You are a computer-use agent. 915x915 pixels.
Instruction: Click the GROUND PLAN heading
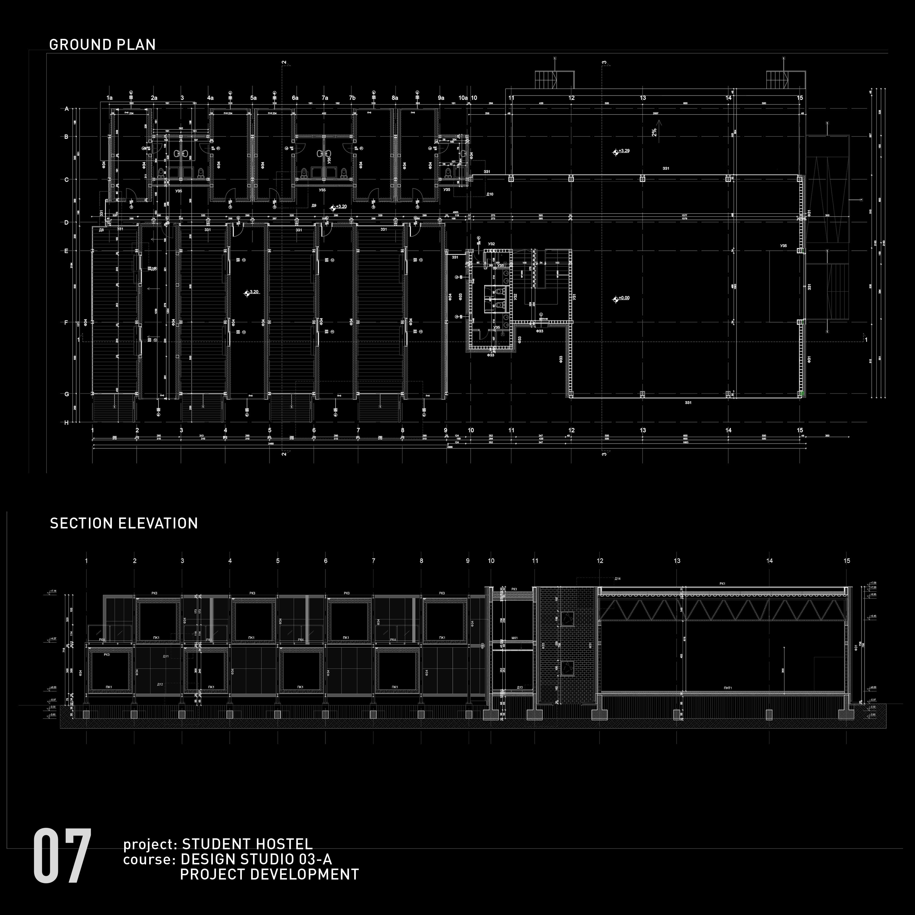[x=102, y=45]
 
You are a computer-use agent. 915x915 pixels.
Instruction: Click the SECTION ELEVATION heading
[x=124, y=523]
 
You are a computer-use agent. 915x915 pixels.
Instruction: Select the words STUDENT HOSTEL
[x=247, y=844]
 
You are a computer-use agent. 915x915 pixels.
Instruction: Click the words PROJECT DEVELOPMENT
[x=269, y=874]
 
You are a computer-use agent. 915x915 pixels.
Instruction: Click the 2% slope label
[x=654, y=133]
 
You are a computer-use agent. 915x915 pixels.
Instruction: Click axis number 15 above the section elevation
[x=847, y=561]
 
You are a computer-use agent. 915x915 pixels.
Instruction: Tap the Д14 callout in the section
[x=617, y=579]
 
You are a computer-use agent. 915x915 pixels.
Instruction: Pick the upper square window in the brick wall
[x=567, y=618]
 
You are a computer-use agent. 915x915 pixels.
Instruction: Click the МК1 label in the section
[x=515, y=638]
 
